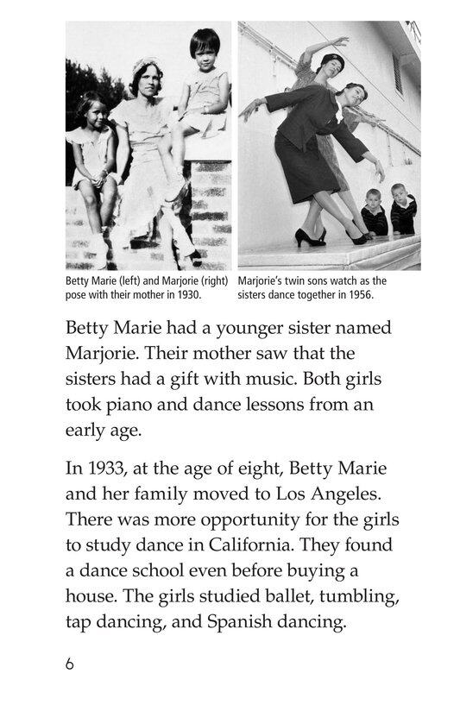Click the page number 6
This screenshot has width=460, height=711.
tap(70, 664)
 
